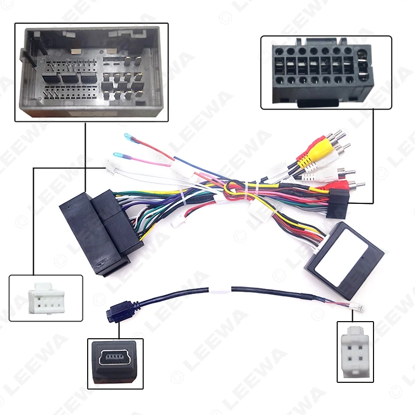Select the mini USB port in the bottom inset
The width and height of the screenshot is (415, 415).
pos(113,358)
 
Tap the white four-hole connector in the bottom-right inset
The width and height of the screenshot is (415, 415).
pos(355,350)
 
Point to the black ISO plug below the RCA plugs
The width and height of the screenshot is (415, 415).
pos(337,204)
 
